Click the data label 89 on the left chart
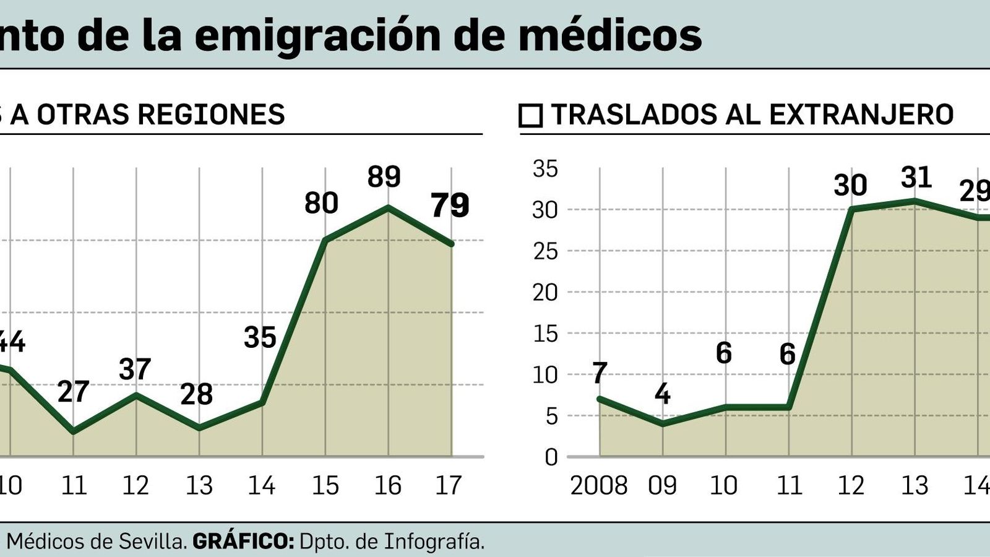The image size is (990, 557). pos(384,177)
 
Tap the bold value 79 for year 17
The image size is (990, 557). pos(450,205)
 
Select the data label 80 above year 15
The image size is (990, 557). pos(321,204)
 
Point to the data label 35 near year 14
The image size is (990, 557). pos(260,338)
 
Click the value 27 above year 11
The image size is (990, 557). pos(74,392)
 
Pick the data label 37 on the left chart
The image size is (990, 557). pos(135,370)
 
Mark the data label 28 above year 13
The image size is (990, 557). pos(197,395)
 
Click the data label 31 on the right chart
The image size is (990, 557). pos(916,178)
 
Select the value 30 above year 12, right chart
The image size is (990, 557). pos(850,186)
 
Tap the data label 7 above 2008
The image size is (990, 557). pos(600,373)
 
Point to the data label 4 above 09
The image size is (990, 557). pos(662,394)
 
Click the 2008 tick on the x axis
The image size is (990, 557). pos(598,486)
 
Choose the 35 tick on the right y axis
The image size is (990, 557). pos(545,169)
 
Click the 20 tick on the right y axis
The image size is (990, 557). pos(545,293)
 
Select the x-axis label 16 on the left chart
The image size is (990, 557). pos(387,486)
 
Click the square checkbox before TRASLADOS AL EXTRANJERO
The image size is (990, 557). pos(531,116)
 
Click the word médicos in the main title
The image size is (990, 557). pos(609,35)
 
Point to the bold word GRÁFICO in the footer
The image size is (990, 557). pos(243,542)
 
